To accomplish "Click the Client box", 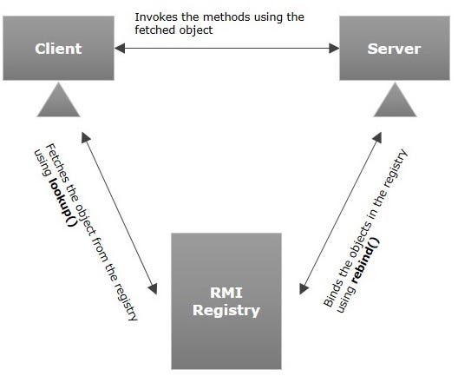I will pyautogui.click(x=57, y=48).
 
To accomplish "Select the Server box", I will pyautogui.click(x=395, y=48).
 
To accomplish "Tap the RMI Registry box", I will pyautogui.click(x=226, y=300).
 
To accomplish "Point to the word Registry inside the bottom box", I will pyautogui.click(x=226, y=309).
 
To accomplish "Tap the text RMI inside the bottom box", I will pyautogui.click(x=226, y=293).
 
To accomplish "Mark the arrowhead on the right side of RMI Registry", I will pyautogui.click(x=301, y=289).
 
